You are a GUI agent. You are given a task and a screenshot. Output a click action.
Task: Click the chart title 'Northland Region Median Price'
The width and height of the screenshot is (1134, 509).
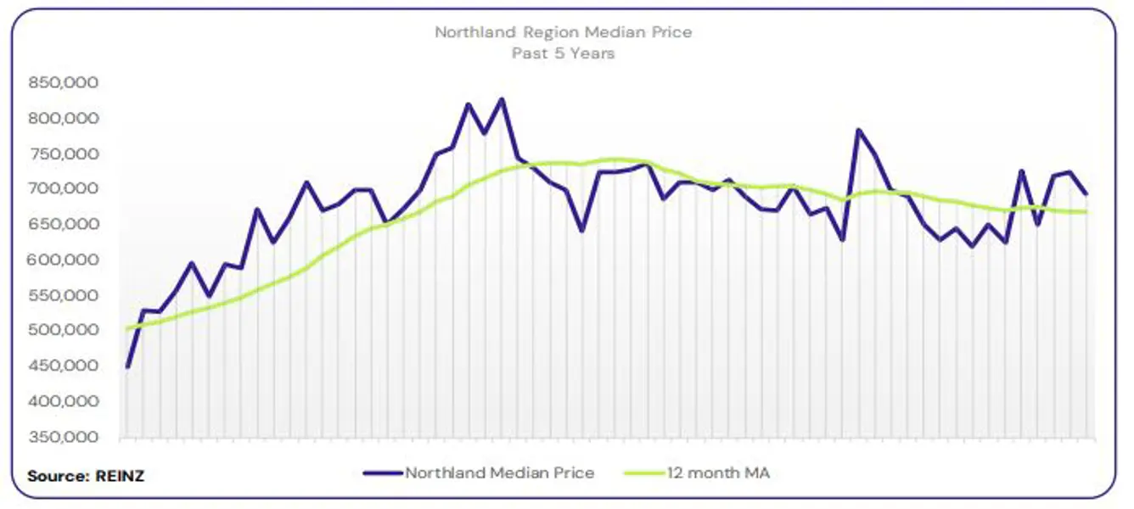(563, 32)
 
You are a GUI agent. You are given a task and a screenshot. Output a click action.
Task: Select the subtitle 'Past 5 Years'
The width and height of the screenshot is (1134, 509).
(563, 53)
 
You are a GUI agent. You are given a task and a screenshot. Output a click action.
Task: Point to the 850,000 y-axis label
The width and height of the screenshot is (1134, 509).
(64, 83)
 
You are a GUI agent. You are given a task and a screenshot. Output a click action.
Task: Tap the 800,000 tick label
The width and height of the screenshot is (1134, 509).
(64, 119)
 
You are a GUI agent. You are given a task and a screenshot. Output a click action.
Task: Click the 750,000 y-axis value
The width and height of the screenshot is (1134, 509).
(64, 154)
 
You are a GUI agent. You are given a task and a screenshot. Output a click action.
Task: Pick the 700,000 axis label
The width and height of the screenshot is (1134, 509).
(64, 189)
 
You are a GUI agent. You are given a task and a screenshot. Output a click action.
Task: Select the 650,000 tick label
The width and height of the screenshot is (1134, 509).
(64, 225)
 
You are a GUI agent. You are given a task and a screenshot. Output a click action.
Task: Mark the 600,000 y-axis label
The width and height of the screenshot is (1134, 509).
(64, 260)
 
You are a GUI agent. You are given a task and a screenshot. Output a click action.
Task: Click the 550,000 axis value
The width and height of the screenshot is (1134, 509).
(64, 296)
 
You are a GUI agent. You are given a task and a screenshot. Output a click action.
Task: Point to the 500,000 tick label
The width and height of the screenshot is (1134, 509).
(64, 331)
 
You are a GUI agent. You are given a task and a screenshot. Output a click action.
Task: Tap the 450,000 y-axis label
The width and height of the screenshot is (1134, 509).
(64, 366)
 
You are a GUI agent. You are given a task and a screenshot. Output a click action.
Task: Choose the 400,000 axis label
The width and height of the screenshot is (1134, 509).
(64, 402)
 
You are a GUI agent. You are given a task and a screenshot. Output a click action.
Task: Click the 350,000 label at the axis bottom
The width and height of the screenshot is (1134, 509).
(64, 438)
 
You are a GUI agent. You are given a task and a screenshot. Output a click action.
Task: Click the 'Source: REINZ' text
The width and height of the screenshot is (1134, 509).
(86, 476)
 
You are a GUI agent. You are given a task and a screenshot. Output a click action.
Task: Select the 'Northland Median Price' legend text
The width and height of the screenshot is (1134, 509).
(499, 473)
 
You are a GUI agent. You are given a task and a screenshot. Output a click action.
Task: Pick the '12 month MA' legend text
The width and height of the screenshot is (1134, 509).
(718, 473)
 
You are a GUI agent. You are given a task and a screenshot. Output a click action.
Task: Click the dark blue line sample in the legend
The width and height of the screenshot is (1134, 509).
(383, 473)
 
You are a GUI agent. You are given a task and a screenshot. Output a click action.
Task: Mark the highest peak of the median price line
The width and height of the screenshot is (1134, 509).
(501, 99)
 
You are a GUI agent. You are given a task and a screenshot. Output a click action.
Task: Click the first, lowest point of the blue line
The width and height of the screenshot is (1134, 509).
(127, 367)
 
